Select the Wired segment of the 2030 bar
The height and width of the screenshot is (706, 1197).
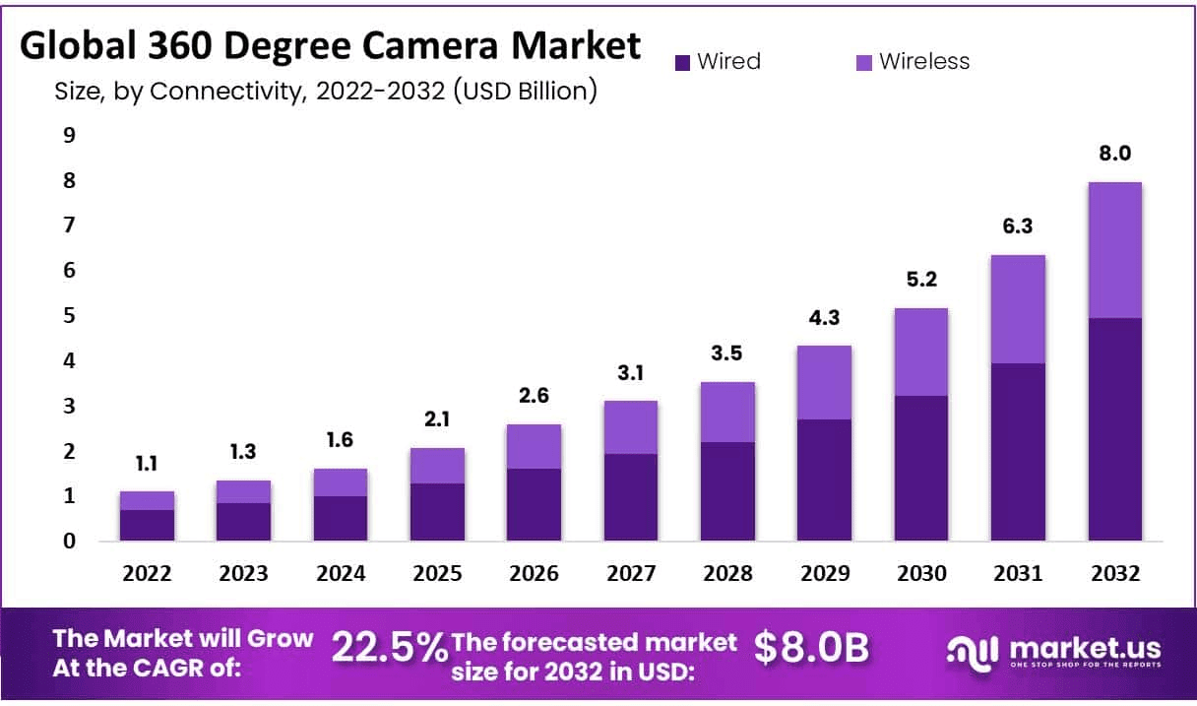tap(920, 468)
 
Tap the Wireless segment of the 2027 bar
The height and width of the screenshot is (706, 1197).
tap(630, 427)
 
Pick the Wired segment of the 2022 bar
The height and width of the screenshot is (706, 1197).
tap(147, 525)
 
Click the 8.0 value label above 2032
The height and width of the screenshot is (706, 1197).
tap(1114, 154)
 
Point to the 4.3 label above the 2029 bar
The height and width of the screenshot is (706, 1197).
tap(824, 318)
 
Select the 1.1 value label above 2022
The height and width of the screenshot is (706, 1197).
tap(147, 464)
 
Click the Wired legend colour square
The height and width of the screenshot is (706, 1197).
tap(683, 62)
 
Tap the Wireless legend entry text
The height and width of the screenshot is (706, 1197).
tap(924, 61)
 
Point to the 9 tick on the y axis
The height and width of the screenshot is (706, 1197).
tap(69, 135)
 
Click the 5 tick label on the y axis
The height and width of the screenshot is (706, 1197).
tap(69, 316)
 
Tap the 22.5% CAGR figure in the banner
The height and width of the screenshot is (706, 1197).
tap(390, 647)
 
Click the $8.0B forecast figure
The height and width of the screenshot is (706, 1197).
tap(812, 647)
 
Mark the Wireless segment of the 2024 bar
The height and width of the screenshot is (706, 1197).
tap(341, 482)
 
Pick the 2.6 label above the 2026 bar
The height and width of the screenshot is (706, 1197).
tap(534, 396)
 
